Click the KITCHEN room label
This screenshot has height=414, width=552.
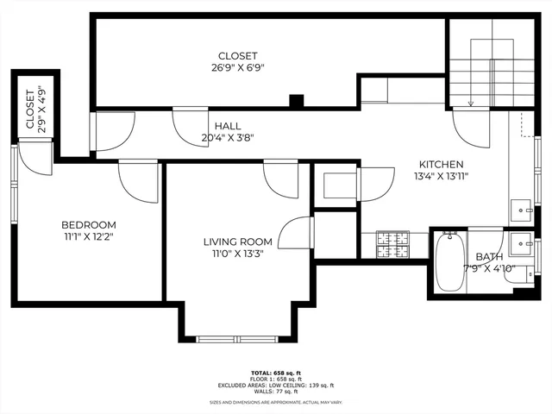(442, 165)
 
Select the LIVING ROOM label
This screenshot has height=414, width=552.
(237, 241)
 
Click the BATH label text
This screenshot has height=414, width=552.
(488, 257)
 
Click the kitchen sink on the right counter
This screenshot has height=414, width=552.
(522, 209)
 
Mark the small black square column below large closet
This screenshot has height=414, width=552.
(296, 101)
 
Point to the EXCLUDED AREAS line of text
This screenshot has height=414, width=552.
(275, 385)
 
